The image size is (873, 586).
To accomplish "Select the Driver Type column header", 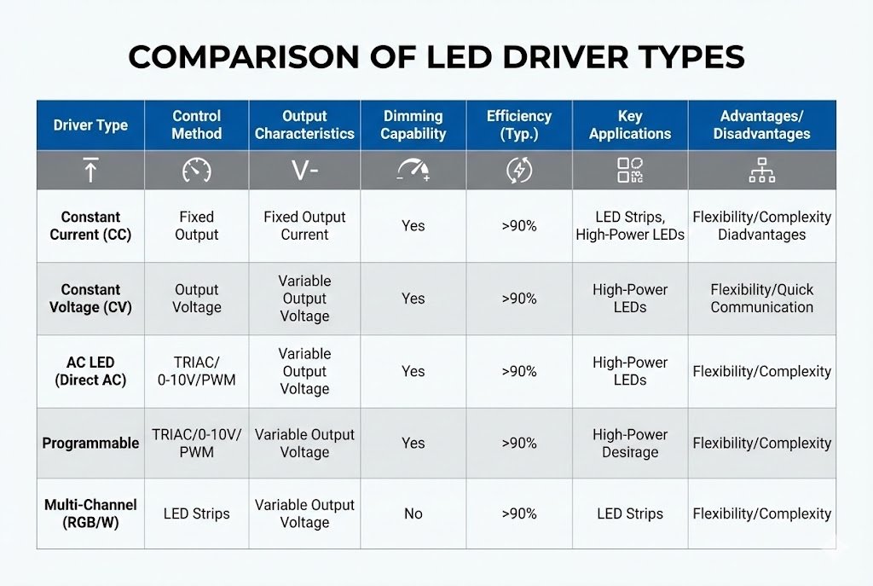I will point(90,125).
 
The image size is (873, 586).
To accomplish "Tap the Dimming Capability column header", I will point(413,125).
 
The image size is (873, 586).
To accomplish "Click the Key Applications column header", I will point(631,125).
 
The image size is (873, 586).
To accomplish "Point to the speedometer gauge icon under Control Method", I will point(196,171).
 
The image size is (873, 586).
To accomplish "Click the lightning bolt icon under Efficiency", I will point(518,171).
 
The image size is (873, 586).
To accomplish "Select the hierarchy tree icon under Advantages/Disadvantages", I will point(761,171).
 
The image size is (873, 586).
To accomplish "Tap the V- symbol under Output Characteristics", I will point(304,171).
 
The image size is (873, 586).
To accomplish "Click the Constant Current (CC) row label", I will point(90,226).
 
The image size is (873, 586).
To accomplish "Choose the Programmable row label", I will point(90,444).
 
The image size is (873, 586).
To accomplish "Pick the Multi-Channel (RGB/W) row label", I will point(90,513).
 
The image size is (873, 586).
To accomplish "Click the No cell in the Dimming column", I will point(413,513).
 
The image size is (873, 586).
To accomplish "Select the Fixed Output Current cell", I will point(304,226).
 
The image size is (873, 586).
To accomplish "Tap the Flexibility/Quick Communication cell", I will point(761,299).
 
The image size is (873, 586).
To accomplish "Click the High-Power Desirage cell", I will point(630,444).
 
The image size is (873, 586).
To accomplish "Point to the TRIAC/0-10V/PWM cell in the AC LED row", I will point(196,371).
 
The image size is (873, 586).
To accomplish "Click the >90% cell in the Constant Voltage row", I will point(518,299).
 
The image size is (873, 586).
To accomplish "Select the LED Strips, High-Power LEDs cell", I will point(630,226).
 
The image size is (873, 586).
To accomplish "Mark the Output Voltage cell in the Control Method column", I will point(196,299).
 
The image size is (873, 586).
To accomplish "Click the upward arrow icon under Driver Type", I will point(90,171).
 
